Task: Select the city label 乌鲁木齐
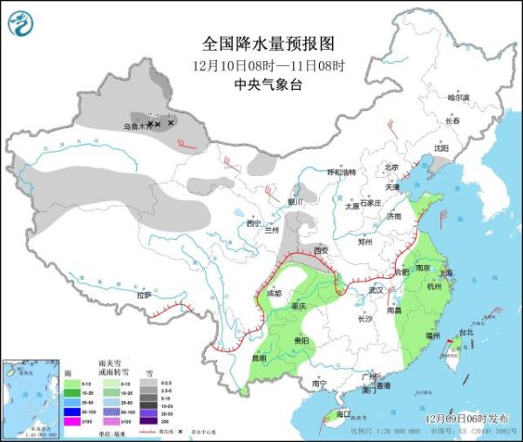coord(135,126)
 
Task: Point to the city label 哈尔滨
coord(458,98)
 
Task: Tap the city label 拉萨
coord(144,295)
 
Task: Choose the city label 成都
coord(275,293)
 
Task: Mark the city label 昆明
coord(258,357)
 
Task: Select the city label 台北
coord(465,332)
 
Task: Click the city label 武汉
coord(376,289)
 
